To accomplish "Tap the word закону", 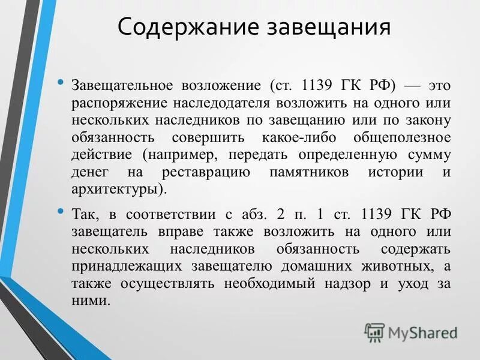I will (x=428, y=120).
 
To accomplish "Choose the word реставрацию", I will (x=206, y=172).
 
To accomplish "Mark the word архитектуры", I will (x=118, y=189).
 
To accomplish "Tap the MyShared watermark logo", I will (x=411, y=332).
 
